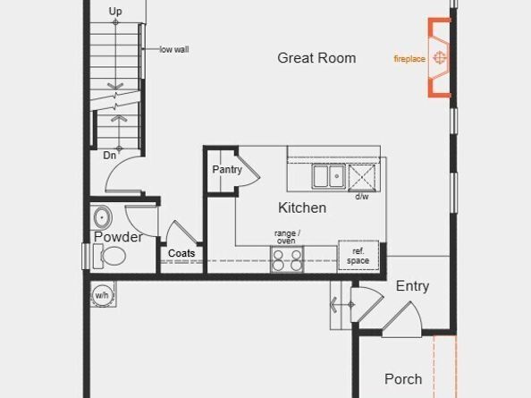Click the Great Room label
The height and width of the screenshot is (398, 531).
tap(316, 58)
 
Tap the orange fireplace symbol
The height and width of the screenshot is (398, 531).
tap(440, 57)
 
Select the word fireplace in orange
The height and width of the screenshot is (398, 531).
tap(409, 59)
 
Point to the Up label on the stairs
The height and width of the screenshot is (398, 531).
tap(115, 12)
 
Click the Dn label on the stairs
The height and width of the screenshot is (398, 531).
tap(109, 155)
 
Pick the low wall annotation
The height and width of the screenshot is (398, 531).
tap(174, 49)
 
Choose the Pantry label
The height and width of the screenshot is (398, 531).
tap(228, 169)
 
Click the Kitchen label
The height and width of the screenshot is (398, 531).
tap(302, 207)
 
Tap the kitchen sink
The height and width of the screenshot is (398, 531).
tap(329, 176)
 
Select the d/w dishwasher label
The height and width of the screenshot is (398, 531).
tap(362, 196)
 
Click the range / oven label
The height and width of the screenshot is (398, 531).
tap(287, 237)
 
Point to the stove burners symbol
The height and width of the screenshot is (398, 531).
tap(286, 259)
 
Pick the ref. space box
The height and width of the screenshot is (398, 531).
tap(358, 256)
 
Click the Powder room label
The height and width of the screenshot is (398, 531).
tap(118, 237)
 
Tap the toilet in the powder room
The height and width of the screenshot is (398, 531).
tap(111, 257)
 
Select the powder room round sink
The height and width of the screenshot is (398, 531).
tap(101, 217)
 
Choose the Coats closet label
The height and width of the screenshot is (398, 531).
tap(181, 254)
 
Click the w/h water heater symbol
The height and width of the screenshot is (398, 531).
tap(102, 294)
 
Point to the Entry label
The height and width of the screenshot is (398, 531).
tap(412, 286)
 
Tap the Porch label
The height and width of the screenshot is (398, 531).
tap(403, 379)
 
